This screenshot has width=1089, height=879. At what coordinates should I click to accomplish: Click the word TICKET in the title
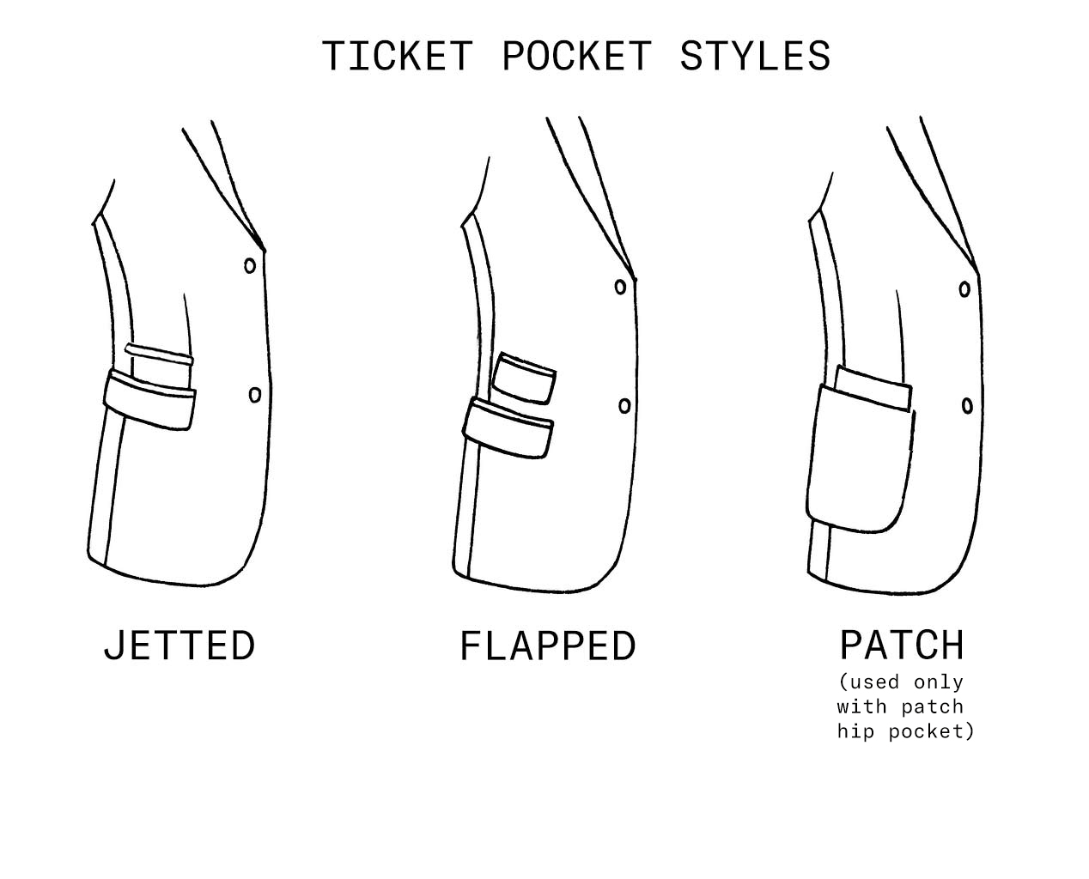397,57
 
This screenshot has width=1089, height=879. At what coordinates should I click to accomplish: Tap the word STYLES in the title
755,57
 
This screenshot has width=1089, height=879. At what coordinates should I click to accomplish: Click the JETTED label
179,646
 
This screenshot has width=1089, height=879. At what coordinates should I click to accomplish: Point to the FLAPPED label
548,646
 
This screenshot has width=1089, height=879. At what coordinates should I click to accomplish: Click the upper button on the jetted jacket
250,266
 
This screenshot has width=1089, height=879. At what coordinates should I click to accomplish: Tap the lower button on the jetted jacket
255,395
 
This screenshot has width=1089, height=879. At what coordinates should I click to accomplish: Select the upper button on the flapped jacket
620,288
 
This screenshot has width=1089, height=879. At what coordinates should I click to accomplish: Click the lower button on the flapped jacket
624,405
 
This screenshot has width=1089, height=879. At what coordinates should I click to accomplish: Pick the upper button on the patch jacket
964,289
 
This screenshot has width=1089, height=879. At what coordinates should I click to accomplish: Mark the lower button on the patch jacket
967,405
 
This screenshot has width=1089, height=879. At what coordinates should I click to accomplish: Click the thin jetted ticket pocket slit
159,352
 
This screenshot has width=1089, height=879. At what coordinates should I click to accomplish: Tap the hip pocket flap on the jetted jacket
149,400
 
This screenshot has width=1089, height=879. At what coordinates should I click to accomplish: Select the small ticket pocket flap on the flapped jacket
526,378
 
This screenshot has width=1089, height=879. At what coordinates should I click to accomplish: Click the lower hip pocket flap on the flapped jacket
508,427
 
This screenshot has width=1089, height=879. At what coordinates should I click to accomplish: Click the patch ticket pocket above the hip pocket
873,387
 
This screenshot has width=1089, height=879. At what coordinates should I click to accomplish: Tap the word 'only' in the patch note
939,682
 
